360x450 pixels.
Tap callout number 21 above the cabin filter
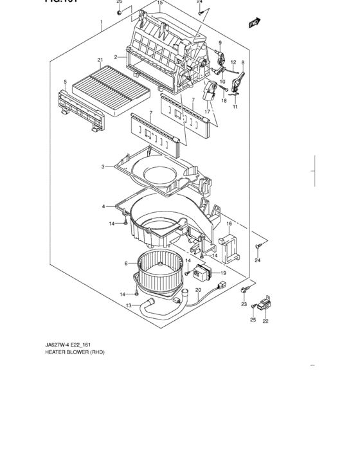[x=100, y=60]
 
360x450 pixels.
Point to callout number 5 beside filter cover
[x=66, y=82]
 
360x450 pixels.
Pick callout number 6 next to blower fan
[x=126, y=263]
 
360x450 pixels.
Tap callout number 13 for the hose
[x=129, y=305]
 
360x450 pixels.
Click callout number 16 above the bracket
[x=228, y=223]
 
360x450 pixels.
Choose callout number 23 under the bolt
[x=244, y=304]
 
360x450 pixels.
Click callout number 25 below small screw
[x=253, y=319]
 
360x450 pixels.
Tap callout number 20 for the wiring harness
[x=199, y=291]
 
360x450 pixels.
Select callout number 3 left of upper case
[x=103, y=167]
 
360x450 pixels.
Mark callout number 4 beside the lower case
[x=103, y=206]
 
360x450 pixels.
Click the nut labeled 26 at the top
[x=120, y=10]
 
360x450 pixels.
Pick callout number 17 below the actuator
[x=208, y=112]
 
